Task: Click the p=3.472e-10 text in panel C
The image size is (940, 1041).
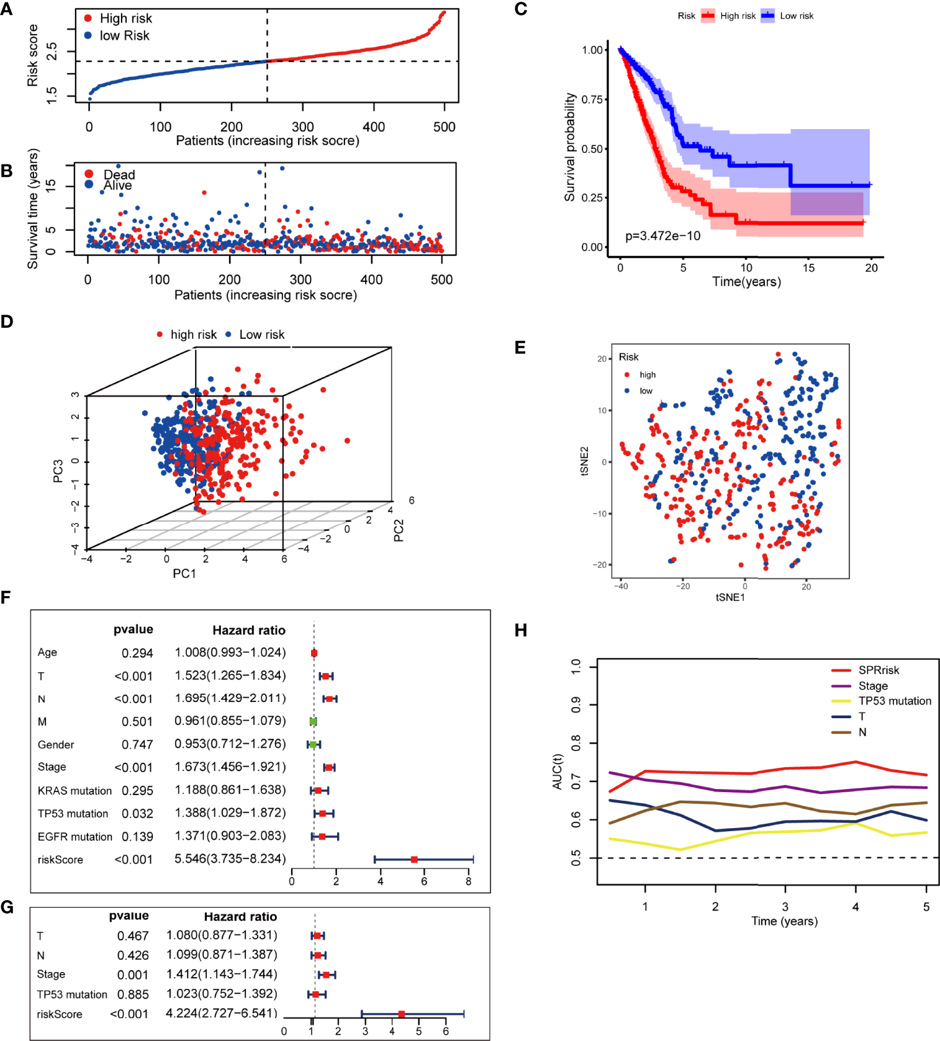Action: [x=662, y=236]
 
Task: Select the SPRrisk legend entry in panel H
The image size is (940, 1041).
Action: [x=878, y=670]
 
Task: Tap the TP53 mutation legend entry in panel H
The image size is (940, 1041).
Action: [x=894, y=701]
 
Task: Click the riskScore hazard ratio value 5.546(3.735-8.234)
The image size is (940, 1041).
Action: [x=230, y=858]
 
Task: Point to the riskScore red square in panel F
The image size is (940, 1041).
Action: [x=414, y=860]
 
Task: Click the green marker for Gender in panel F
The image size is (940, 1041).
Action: [x=313, y=744]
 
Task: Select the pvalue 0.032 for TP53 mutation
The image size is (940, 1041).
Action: [x=137, y=813]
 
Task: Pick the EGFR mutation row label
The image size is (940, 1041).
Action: [x=75, y=837]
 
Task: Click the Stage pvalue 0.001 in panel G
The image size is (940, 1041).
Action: [x=133, y=975]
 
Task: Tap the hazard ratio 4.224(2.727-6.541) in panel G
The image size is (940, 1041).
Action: [x=221, y=1013]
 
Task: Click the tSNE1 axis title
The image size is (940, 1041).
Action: [x=730, y=597]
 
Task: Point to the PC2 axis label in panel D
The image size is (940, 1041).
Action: [x=399, y=530]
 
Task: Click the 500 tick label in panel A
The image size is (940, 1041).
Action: [x=444, y=127]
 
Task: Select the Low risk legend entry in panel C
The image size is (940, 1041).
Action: [x=796, y=16]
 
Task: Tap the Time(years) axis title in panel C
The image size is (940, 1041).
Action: [x=746, y=282]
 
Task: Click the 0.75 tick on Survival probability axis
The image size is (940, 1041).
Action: [x=592, y=99]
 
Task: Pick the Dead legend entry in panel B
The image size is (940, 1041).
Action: [x=119, y=174]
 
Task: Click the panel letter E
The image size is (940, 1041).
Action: [x=520, y=348]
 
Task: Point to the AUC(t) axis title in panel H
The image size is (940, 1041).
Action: [x=557, y=772]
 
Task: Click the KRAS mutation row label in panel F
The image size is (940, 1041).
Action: [x=75, y=791]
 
